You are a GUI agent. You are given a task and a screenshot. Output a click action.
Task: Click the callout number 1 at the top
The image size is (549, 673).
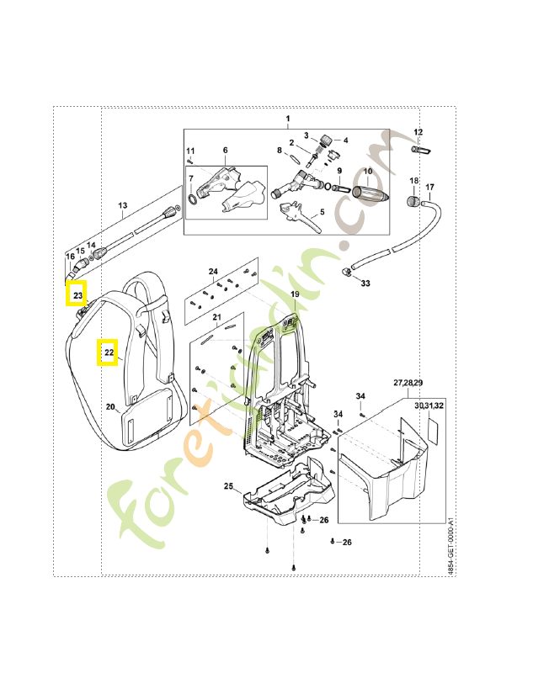click(x=287, y=118)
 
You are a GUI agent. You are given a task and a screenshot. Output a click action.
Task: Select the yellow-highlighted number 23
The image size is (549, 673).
click(x=77, y=295)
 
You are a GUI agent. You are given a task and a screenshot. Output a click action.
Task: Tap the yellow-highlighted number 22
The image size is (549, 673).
click(x=108, y=352)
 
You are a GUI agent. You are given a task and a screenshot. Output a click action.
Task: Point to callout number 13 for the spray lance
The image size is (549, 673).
click(x=122, y=205)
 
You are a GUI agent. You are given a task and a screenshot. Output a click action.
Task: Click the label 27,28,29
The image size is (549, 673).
click(x=408, y=383)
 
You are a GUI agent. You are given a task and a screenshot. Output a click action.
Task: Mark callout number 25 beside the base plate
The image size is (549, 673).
click(x=228, y=487)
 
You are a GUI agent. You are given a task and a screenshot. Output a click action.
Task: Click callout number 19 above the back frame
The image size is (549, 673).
click(x=295, y=294)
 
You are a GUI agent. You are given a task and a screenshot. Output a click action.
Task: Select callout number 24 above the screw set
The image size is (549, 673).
click(x=213, y=272)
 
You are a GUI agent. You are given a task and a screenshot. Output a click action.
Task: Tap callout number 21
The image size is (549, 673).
click(x=216, y=317)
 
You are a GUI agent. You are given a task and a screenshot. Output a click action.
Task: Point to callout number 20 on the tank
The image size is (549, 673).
click(x=110, y=407)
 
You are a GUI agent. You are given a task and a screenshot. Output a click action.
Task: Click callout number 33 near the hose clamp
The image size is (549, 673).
click(x=365, y=284)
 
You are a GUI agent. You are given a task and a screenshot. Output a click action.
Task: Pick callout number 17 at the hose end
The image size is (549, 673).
click(x=429, y=187)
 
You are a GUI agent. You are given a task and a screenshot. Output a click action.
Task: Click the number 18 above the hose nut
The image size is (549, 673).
click(x=413, y=181)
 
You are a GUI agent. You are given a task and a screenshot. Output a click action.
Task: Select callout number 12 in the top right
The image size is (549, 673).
click(x=418, y=132)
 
